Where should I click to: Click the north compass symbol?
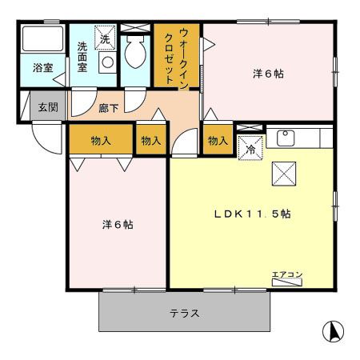333,330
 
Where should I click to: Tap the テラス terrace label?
183,314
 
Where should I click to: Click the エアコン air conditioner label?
286,276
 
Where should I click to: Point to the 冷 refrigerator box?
250,148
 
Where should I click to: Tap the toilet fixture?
135,53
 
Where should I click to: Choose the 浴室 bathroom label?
42,69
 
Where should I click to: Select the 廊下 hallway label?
110,106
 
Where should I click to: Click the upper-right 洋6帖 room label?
268,74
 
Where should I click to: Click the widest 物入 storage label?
101,141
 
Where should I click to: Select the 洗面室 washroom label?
82,58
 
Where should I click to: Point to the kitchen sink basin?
284,138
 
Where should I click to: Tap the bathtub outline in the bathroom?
42,40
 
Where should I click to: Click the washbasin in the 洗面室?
106,61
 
